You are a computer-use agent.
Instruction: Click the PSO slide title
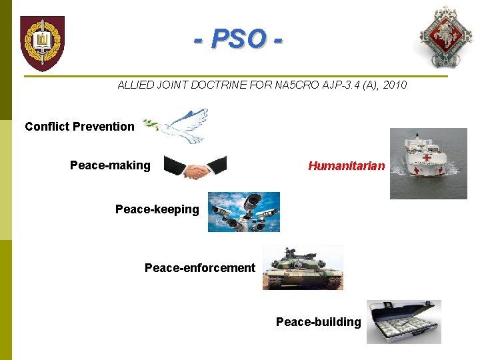pos(238,39)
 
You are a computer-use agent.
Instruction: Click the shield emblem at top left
pos(42,43)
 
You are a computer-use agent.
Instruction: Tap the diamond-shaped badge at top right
pos(443,37)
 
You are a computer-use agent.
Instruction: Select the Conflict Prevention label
pos(79,127)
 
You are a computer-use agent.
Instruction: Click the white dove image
pos(177,126)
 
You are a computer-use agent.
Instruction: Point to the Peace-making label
pos(110,165)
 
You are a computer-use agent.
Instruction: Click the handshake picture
pos(195,167)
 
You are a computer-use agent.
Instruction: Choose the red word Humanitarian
pos(346,166)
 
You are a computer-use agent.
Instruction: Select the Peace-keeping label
pos(157,209)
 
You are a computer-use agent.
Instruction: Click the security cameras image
pos(243,212)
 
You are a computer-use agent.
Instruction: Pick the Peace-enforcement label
pos(199,268)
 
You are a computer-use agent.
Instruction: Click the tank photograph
pos(303,267)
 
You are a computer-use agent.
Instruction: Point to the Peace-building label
pos(318,322)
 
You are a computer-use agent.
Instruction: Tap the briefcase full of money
pos(403,322)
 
